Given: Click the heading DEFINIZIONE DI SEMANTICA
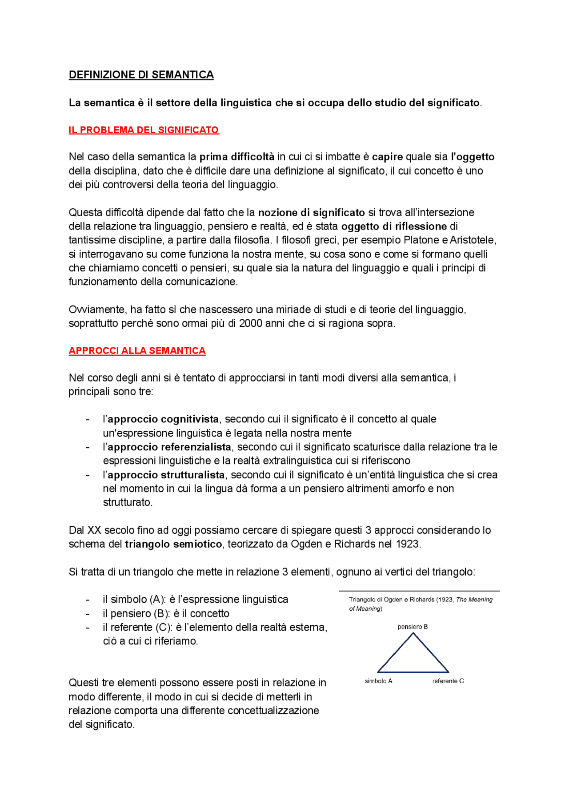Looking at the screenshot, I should pos(141,75).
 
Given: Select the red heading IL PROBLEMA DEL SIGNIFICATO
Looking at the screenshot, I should pos(144,130).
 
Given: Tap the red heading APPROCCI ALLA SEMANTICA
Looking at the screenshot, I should pos(137,351).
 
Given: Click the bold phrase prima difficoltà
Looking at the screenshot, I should pos(237,157).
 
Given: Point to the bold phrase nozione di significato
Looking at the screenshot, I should pos(311,212).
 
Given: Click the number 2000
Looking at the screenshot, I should pos(250,323).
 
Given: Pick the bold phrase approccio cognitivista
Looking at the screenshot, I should pos(163,419).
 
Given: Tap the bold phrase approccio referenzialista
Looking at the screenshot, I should pos(169,447).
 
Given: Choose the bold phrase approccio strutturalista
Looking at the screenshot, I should pos(166,475).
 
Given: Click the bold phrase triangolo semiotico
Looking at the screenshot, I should pos(173,544).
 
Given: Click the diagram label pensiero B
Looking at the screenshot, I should pos(413,627).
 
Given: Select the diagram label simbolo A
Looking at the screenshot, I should pos(378,681).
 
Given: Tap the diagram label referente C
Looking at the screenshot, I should pos(448,681).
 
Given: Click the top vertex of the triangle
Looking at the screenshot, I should pos(413,633).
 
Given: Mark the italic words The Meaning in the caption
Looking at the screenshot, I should pos(474,600).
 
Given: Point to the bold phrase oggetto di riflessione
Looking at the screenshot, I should pos(394,227).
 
